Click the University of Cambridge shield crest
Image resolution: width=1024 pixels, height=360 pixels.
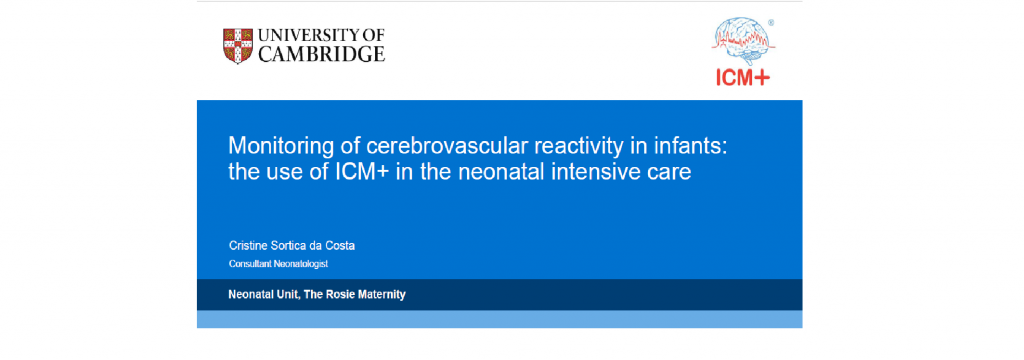[x=238, y=46]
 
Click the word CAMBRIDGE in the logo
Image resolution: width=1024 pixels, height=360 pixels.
[x=322, y=54]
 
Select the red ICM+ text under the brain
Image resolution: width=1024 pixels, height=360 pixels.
[x=743, y=77]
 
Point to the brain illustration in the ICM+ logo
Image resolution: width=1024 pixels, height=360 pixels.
[x=743, y=41]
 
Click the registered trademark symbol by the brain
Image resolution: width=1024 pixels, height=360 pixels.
[x=771, y=22]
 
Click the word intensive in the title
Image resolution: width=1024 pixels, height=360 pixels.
[x=600, y=172]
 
